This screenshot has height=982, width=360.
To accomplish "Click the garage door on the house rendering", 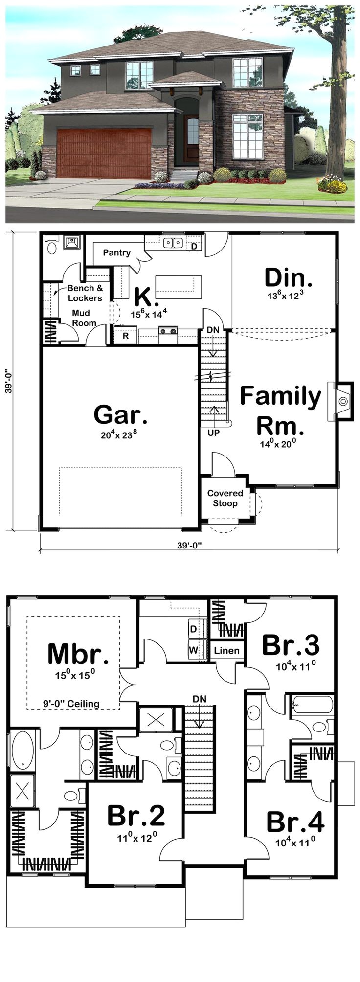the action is tap(104, 153).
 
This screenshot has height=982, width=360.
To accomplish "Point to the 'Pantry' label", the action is tap(116, 253).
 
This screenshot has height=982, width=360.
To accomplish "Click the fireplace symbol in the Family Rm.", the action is tap(342, 401).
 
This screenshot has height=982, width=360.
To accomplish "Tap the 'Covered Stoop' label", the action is tap(225, 498).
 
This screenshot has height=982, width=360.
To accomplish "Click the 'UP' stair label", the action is tap(214, 433).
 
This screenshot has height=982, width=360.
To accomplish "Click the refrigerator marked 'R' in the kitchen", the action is tap(126, 336).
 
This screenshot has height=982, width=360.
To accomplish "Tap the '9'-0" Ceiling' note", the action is tap(70, 704).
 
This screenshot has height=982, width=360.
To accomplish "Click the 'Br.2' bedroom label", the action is tap(135, 816).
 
